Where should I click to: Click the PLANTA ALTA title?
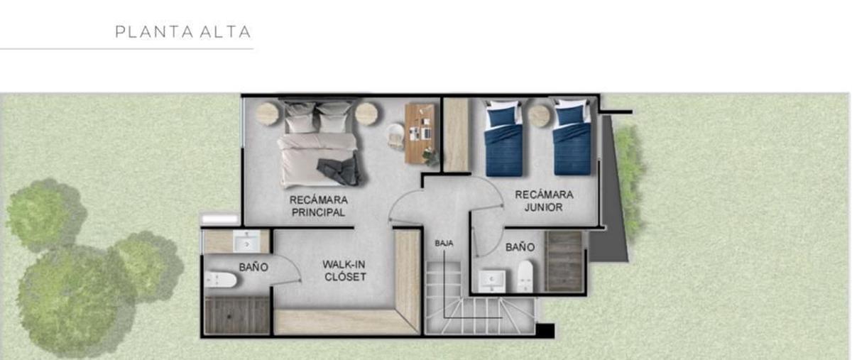pos(183,32)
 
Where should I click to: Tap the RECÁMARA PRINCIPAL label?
pos(318,206)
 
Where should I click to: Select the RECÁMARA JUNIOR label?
pos(544,200)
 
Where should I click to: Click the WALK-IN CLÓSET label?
pos(345,271)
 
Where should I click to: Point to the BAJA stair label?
pos(444,243)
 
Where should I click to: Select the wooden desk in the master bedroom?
pos(420,133)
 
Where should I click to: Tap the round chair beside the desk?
pos(395,135)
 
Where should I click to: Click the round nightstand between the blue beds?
pos(540,116)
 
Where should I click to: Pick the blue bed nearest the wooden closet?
pos(503,138)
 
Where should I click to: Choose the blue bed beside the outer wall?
pos(572,137)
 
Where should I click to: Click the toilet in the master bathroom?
pos(221,280)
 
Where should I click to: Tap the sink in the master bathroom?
pos(246,241)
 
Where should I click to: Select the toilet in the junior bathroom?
pos(525,276)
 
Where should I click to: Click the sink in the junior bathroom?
pos(492,281)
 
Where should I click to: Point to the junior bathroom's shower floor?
pos(564,262)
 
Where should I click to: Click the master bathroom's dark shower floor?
pos(237,316)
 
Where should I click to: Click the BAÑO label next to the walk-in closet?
pos(253,267)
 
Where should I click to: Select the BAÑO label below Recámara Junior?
pos(520,247)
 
